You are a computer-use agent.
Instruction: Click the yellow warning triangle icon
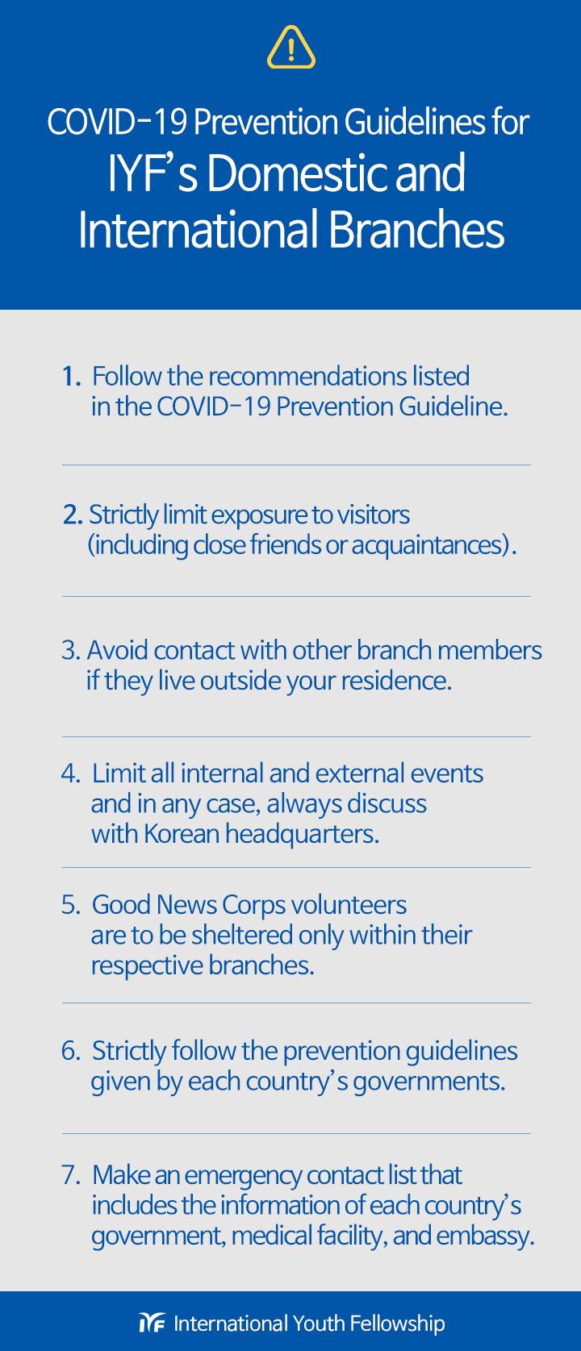pos(290,47)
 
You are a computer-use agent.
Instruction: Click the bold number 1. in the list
pos(72,377)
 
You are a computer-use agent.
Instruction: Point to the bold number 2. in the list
pos(73,515)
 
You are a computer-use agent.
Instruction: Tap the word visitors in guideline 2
pos(373,515)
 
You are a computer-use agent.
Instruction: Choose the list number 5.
pos(70,905)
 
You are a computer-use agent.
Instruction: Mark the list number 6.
pos(70,1051)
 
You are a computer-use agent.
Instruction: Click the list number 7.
pos(70,1175)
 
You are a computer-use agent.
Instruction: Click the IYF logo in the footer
pos(152,1323)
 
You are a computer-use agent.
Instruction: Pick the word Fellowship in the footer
pos(397,1324)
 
